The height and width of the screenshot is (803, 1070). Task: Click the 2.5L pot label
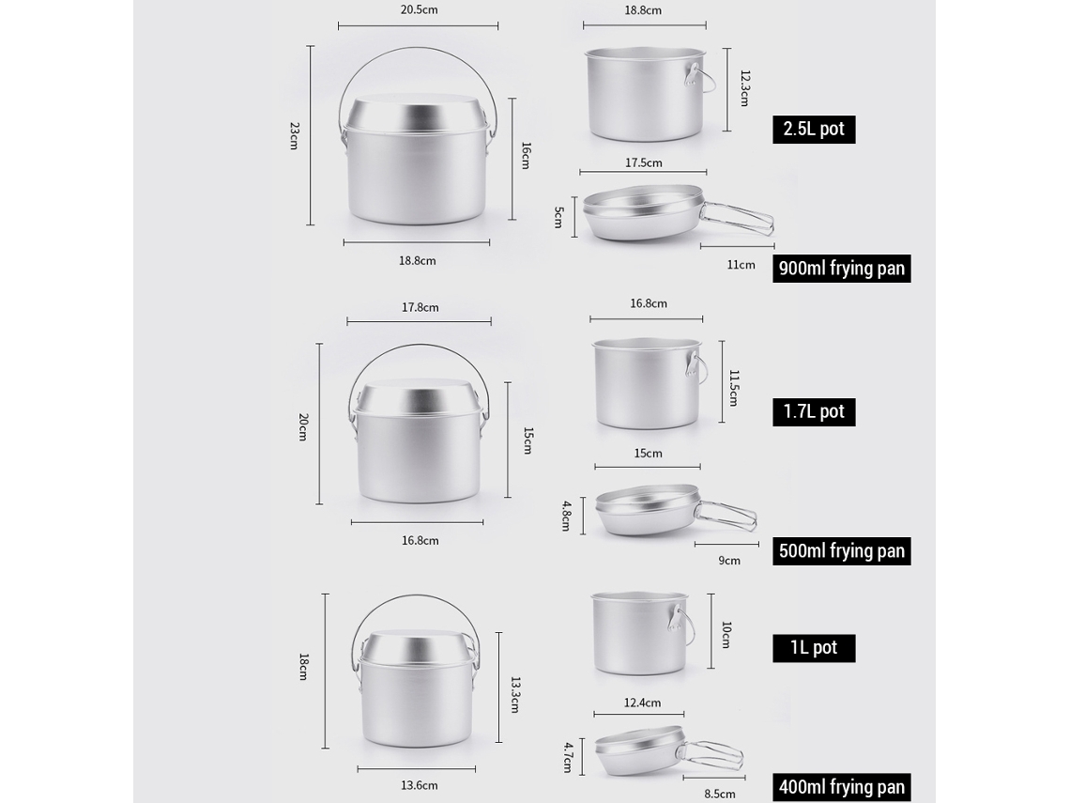(x=814, y=129)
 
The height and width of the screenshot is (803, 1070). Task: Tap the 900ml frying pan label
(x=841, y=269)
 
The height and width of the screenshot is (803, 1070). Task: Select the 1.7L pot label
(x=814, y=411)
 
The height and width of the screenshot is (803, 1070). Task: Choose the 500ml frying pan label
(x=841, y=551)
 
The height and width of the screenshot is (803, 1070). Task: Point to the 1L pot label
(x=814, y=647)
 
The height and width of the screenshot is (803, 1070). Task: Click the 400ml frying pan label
(x=841, y=787)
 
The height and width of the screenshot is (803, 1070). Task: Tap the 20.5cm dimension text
(x=419, y=9)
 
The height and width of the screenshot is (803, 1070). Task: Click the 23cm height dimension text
(x=294, y=136)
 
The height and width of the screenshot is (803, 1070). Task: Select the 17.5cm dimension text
(x=644, y=162)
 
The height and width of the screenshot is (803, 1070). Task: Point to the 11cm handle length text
(x=741, y=265)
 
